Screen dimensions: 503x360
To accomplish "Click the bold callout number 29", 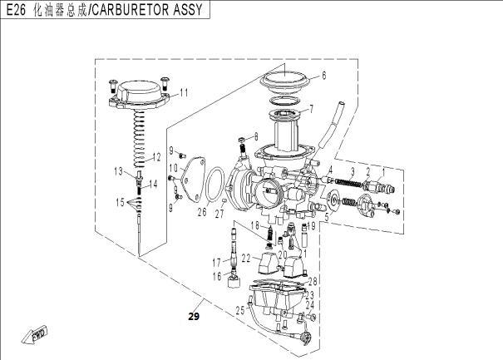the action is [194, 317].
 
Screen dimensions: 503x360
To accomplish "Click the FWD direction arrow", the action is [35, 336].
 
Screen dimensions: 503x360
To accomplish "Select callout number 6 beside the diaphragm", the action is [324, 76].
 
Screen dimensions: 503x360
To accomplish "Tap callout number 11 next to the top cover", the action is [184, 93].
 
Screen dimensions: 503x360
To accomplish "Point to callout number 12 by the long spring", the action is [156, 157].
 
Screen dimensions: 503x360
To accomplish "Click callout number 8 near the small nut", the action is [256, 137].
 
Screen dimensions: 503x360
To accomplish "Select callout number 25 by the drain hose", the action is [240, 310].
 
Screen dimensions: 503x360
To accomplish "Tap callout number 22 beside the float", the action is [246, 259].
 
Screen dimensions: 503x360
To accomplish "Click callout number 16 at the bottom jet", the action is [217, 276].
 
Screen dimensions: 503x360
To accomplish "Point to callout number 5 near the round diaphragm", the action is [327, 217].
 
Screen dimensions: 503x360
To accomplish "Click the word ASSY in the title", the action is [188, 10].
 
